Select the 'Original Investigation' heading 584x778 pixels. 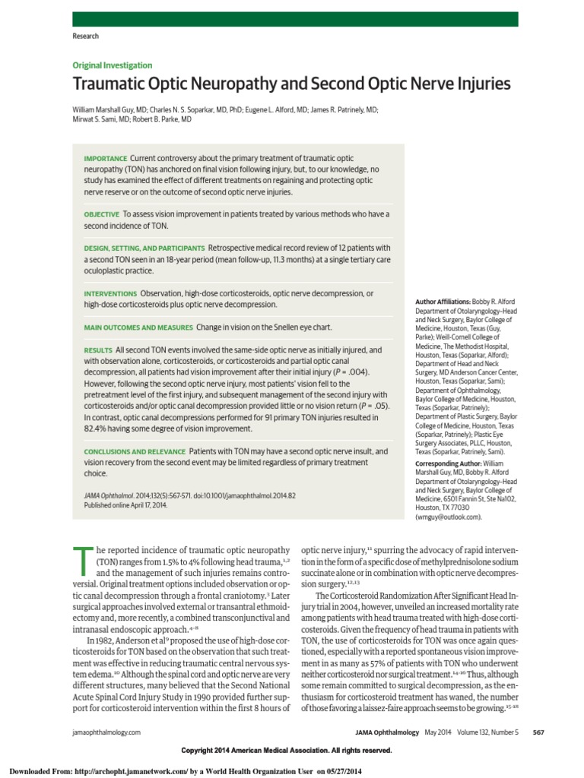[112, 65]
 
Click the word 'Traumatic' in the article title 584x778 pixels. [111, 84]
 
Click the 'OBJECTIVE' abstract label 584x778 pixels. [102, 214]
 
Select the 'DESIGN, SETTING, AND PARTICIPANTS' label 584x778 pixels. [144, 248]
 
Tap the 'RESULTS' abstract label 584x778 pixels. [97, 349]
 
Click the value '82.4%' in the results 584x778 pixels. [98, 429]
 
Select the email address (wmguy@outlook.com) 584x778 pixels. [449, 517]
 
